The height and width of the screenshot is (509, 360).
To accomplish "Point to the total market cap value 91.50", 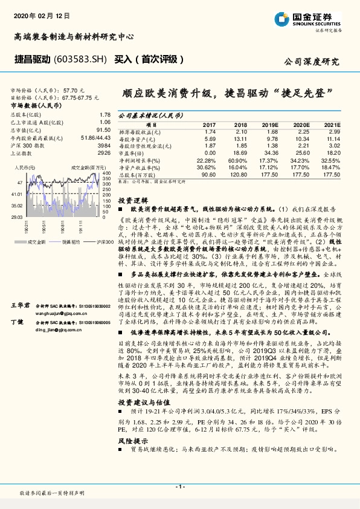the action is point(103,129).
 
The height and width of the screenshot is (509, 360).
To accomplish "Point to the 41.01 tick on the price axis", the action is point(16,194).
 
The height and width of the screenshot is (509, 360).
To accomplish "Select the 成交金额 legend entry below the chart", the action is point(36,242).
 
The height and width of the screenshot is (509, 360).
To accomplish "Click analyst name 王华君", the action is point(21,306).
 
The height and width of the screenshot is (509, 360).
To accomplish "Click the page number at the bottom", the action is point(179,486).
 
